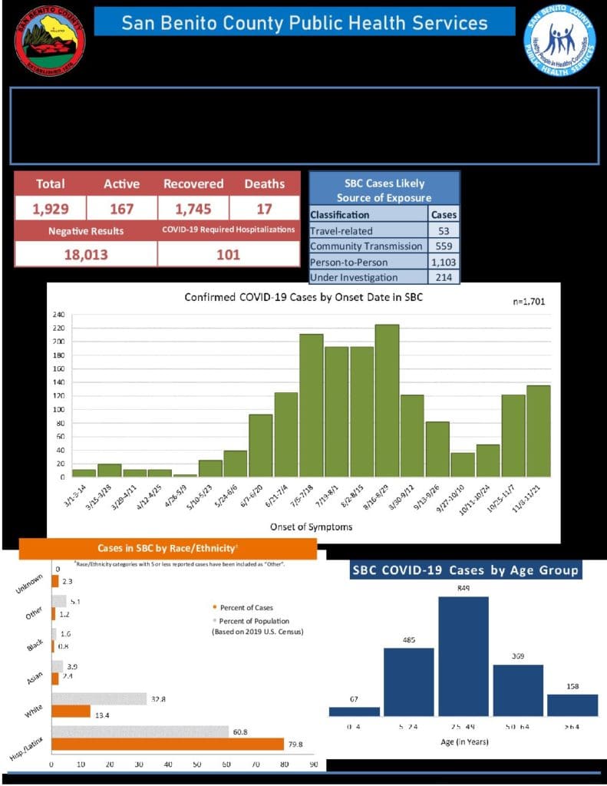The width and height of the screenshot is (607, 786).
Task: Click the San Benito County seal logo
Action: pyautogui.click(x=50, y=40)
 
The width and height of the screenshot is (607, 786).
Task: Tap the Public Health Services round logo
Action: pyautogui.click(x=559, y=40)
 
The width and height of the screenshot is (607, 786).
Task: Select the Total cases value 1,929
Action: pyautogui.click(x=50, y=208)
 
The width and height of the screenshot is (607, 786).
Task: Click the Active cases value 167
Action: pyautogui.click(x=120, y=208)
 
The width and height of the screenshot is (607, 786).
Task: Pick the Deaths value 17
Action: pyautogui.click(x=264, y=208)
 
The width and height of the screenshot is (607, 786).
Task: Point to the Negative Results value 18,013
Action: pyautogui.click(x=85, y=254)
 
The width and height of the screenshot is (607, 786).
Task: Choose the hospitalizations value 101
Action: pyautogui.click(x=228, y=254)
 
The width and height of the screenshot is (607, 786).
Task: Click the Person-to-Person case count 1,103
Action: pyautogui.click(x=444, y=262)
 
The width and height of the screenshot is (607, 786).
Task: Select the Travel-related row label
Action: pyautogui.click(x=341, y=230)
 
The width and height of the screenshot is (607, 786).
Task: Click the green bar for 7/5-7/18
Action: pyautogui.click(x=311, y=405)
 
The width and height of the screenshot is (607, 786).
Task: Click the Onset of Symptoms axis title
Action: pyautogui.click(x=302, y=527)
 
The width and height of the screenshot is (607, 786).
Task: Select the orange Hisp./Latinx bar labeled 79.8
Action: pyautogui.click(x=167, y=744)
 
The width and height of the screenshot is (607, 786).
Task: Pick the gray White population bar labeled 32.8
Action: pyautogui.click(x=99, y=699)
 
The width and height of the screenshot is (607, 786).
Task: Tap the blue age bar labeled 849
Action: pyautogui.click(x=463, y=656)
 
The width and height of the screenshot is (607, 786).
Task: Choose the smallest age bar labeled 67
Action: pyautogui.click(x=354, y=712)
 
